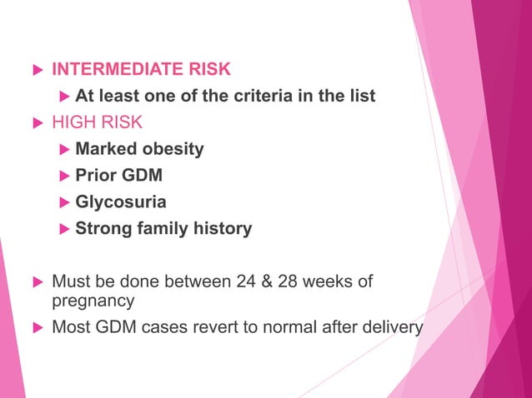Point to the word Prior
(x=97, y=176)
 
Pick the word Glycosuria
(x=121, y=202)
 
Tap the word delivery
(x=392, y=326)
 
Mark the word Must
(x=70, y=281)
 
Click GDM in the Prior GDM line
(x=143, y=176)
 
